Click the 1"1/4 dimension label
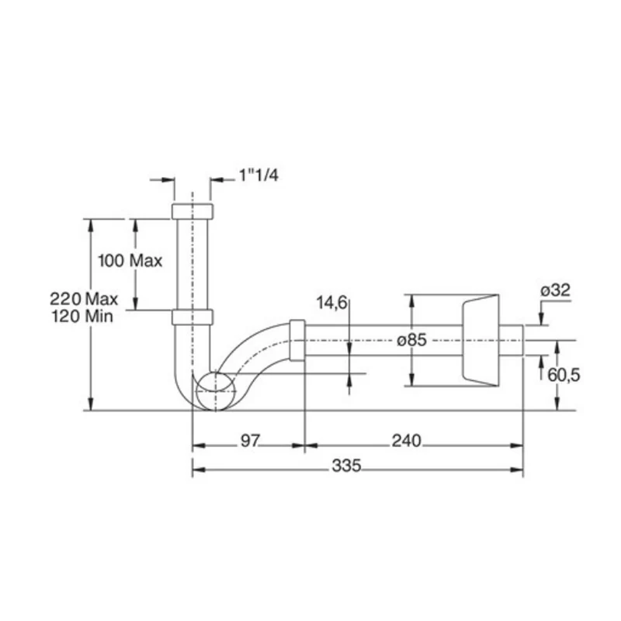pos(258,175)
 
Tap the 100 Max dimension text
pos(130,261)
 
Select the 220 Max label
pos(84,299)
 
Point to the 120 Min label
pos(82,316)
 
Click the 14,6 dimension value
pos(331,303)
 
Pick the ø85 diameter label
pos(412,340)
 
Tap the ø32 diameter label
pos(556,290)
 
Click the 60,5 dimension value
pos(564,375)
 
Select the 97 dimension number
pos(250,440)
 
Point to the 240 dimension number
pos(406,440)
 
